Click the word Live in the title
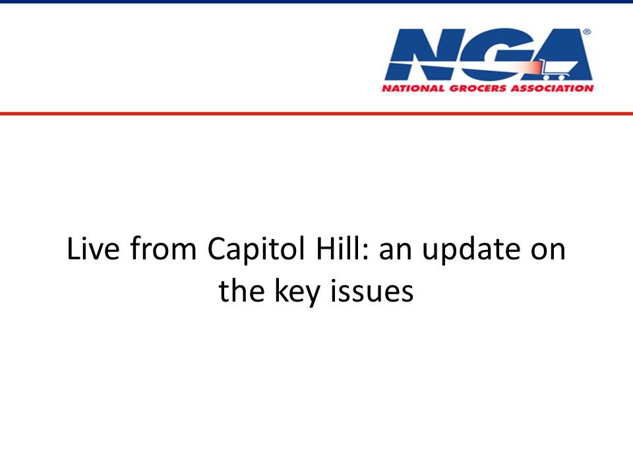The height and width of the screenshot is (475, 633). click(93, 248)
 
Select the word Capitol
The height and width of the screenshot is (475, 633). click(256, 249)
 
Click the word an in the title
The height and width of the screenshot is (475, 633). click(395, 251)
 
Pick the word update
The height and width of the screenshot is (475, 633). click(471, 249)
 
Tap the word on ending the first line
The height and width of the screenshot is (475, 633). click(548, 251)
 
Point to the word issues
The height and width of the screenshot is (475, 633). click(372, 290)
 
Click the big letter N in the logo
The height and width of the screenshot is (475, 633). click(420, 54)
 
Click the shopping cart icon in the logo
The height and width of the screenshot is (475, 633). click(558, 69)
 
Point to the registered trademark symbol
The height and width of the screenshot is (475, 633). click(587, 32)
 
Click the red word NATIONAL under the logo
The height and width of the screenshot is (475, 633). click(413, 88)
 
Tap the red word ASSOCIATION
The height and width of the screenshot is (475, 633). click(552, 88)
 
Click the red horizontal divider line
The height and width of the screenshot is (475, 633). click(316, 113)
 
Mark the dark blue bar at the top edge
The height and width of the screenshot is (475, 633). click(316, 1)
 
